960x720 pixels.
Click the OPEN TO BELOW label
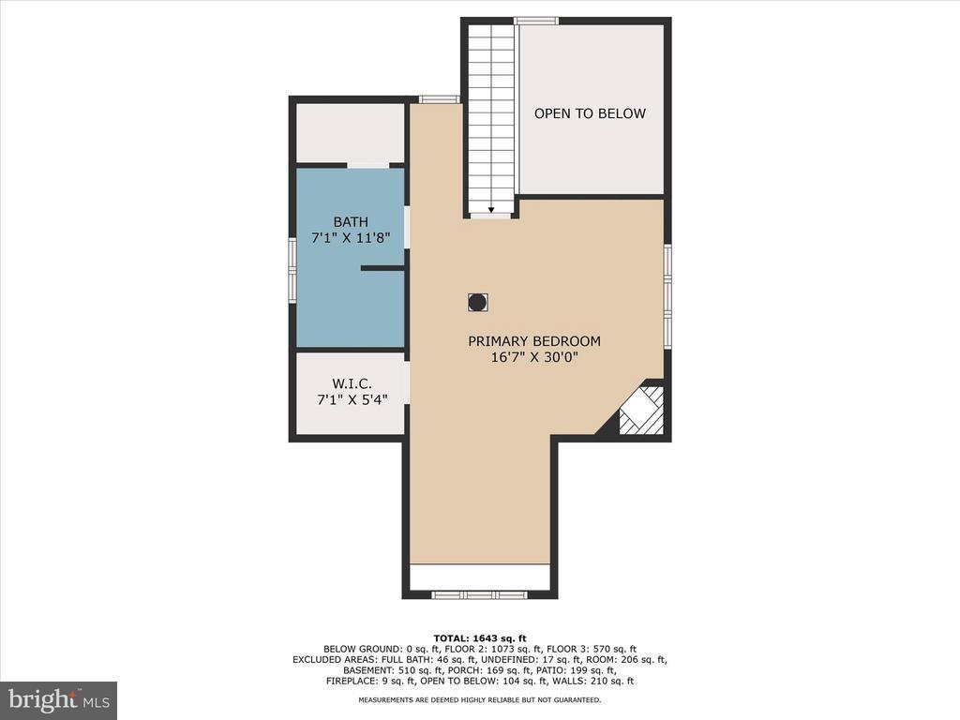tap(590, 113)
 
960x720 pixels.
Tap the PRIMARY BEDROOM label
tap(534, 341)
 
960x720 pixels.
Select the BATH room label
tap(351, 221)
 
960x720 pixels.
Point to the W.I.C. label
tap(352, 383)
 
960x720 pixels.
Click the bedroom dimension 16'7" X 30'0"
tap(534, 357)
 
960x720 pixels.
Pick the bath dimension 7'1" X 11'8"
tap(351, 237)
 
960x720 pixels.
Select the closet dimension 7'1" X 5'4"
tap(352, 399)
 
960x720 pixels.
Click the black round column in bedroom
tap(477, 303)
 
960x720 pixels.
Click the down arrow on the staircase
tap(491, 209)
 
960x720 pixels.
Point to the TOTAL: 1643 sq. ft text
tap(480, 637)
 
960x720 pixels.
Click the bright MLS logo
tap(59, 699)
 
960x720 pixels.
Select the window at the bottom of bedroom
tap(479, 594)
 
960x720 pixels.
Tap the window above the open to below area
tap(536, 21)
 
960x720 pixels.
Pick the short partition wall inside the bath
tap(382, 268)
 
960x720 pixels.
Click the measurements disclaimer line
tap(479, 699)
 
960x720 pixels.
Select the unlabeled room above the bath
tap(351, 133)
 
